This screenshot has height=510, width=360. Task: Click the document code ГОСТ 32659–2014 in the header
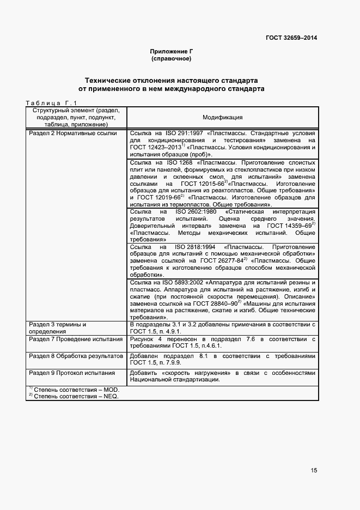pyautogui.click(x=291, y=38)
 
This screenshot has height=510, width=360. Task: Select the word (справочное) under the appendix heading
pyautogui.click(x=171, y=58)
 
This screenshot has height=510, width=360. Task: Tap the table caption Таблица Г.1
pyautogui.click(x=52, y=102)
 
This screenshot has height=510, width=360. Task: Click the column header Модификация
pyautogui.click(x=222, y=117)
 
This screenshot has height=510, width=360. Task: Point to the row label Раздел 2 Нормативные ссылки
pyautogui.click(x=72, y=133)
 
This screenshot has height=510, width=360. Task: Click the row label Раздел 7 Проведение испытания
pyautogui.click(x=76, y=339)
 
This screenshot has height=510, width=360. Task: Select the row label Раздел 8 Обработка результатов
pyautogui.click(x=76, y=356)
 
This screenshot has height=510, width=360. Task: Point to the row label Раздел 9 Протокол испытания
pyautogui.click(x=72, y=373)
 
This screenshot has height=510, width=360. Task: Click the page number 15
pyautogui.click(x=314, y=470)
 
